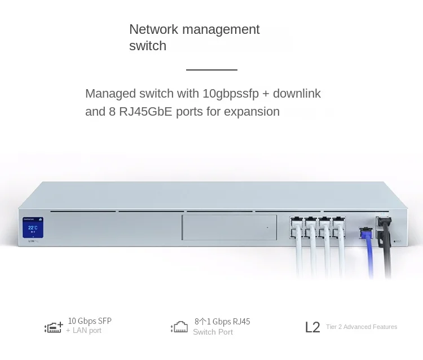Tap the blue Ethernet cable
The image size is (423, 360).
[368, 254]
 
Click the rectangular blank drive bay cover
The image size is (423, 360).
[229, 228]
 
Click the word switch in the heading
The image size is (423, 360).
[148, 46]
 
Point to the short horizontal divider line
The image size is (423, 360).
[211, 70]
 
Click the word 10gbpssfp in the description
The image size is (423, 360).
[213, 94]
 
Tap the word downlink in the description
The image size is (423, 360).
[297, 94]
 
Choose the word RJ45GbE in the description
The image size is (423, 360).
[139, 112]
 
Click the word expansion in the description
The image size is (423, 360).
[252, 112]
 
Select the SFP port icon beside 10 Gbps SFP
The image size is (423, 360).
[54, 327]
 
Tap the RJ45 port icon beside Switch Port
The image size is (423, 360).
[179, 327]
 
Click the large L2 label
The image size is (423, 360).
[312, 327]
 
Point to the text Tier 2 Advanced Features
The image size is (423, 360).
[362, 327]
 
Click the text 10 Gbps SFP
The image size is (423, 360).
[90, 321]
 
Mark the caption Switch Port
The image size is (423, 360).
[213, 332]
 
